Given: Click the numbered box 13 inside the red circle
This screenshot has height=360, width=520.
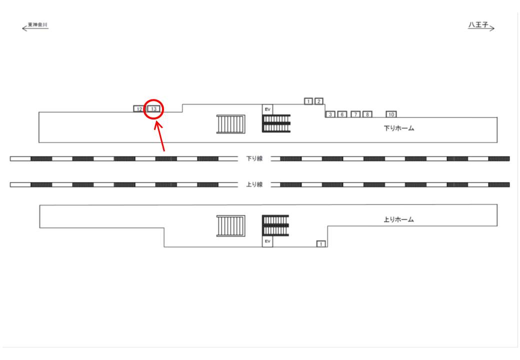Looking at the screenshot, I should [x=154, y=109].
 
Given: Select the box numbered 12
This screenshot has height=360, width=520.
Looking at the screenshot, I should [x=138, y=109].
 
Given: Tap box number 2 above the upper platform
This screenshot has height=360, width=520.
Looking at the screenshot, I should [x=319, y=101].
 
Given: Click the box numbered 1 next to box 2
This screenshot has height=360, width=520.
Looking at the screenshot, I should [x=308, y=101].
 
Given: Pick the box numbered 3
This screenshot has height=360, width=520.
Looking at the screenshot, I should [x=330, y=114].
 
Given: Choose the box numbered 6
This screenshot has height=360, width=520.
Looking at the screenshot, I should [x=342, y=114].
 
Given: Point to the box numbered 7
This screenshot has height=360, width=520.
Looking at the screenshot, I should [x=355, y=114].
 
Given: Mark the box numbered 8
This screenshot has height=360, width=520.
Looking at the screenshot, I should [x=367, y=114].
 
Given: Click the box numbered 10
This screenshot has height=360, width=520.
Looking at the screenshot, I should [x=391, y=114].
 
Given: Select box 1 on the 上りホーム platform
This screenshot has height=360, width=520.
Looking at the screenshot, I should [x=321, y=244].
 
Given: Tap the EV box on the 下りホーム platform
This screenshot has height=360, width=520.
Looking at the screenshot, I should [x=267, y=109].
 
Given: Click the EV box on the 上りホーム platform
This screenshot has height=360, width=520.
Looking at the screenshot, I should [x=267, y=241].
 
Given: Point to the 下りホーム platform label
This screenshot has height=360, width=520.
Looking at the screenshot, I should [x=399, y=128].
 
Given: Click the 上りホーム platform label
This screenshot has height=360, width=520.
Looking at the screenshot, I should [x=399, y=219].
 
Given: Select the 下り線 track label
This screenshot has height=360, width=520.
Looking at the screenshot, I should [x=254, y=159].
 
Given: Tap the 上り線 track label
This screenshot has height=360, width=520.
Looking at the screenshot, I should [x=254, y=184].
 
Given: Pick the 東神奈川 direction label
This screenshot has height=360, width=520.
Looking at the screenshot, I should [x=37, y=24].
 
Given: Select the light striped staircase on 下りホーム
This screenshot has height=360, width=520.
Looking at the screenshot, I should [x=230, y=124].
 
